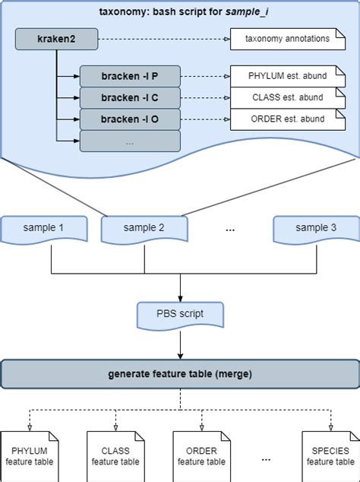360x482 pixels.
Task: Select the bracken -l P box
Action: [130, 76]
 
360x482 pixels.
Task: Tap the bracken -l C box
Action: [130, 97]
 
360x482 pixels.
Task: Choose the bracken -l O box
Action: [130, 119]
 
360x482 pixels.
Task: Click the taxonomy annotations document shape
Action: [282, 37]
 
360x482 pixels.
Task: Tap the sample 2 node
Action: [144, 227]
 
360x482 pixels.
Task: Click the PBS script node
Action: [180, 313]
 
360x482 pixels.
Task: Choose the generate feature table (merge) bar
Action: [180, 375]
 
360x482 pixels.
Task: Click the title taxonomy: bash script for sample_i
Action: [179, 12]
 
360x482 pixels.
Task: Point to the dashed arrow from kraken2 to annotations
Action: [159, 37]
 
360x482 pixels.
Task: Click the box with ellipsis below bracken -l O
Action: [130, 141]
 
